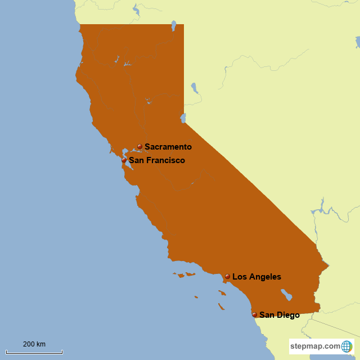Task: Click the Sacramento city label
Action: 168,147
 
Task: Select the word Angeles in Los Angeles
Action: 264,277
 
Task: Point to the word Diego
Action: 287,315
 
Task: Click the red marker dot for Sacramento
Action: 139,146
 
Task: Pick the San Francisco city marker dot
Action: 124,160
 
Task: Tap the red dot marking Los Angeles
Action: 227,276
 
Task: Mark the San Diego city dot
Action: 254,314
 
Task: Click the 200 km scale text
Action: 34,344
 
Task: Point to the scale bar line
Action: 34,352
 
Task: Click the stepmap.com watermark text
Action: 316,346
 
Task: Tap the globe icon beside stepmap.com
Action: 346,346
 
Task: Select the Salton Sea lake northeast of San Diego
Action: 286,294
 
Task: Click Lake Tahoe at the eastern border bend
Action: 183,118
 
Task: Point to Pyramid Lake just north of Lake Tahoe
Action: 194,88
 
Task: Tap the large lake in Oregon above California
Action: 136,9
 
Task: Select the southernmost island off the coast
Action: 222,307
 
